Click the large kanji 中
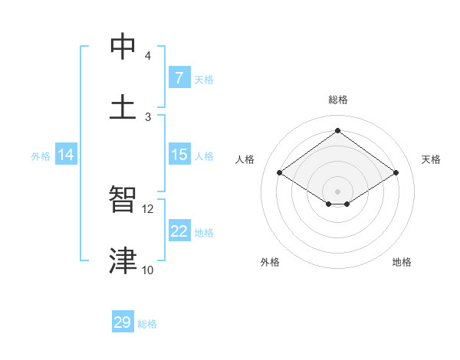coord(123,47)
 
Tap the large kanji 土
coord(123,108)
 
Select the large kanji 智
coord(123,200)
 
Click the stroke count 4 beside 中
coord(148,56)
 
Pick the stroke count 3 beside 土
coord(148,116)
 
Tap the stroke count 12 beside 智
coord(148,208)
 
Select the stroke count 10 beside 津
coord(148,270)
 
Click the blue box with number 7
coord(179,78)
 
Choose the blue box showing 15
coord(179,155)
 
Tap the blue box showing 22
coord(179,231)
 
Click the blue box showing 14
coord(65,155)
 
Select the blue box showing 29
coord(123,322)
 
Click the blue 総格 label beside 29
coord(147,324)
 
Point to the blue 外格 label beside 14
coord(41,156)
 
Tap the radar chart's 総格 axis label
coord(338,100)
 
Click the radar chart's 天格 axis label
coord(431,159)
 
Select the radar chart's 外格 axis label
coord(270,262)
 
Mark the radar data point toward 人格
coord(280,173)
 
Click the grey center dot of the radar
coord(338,191)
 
